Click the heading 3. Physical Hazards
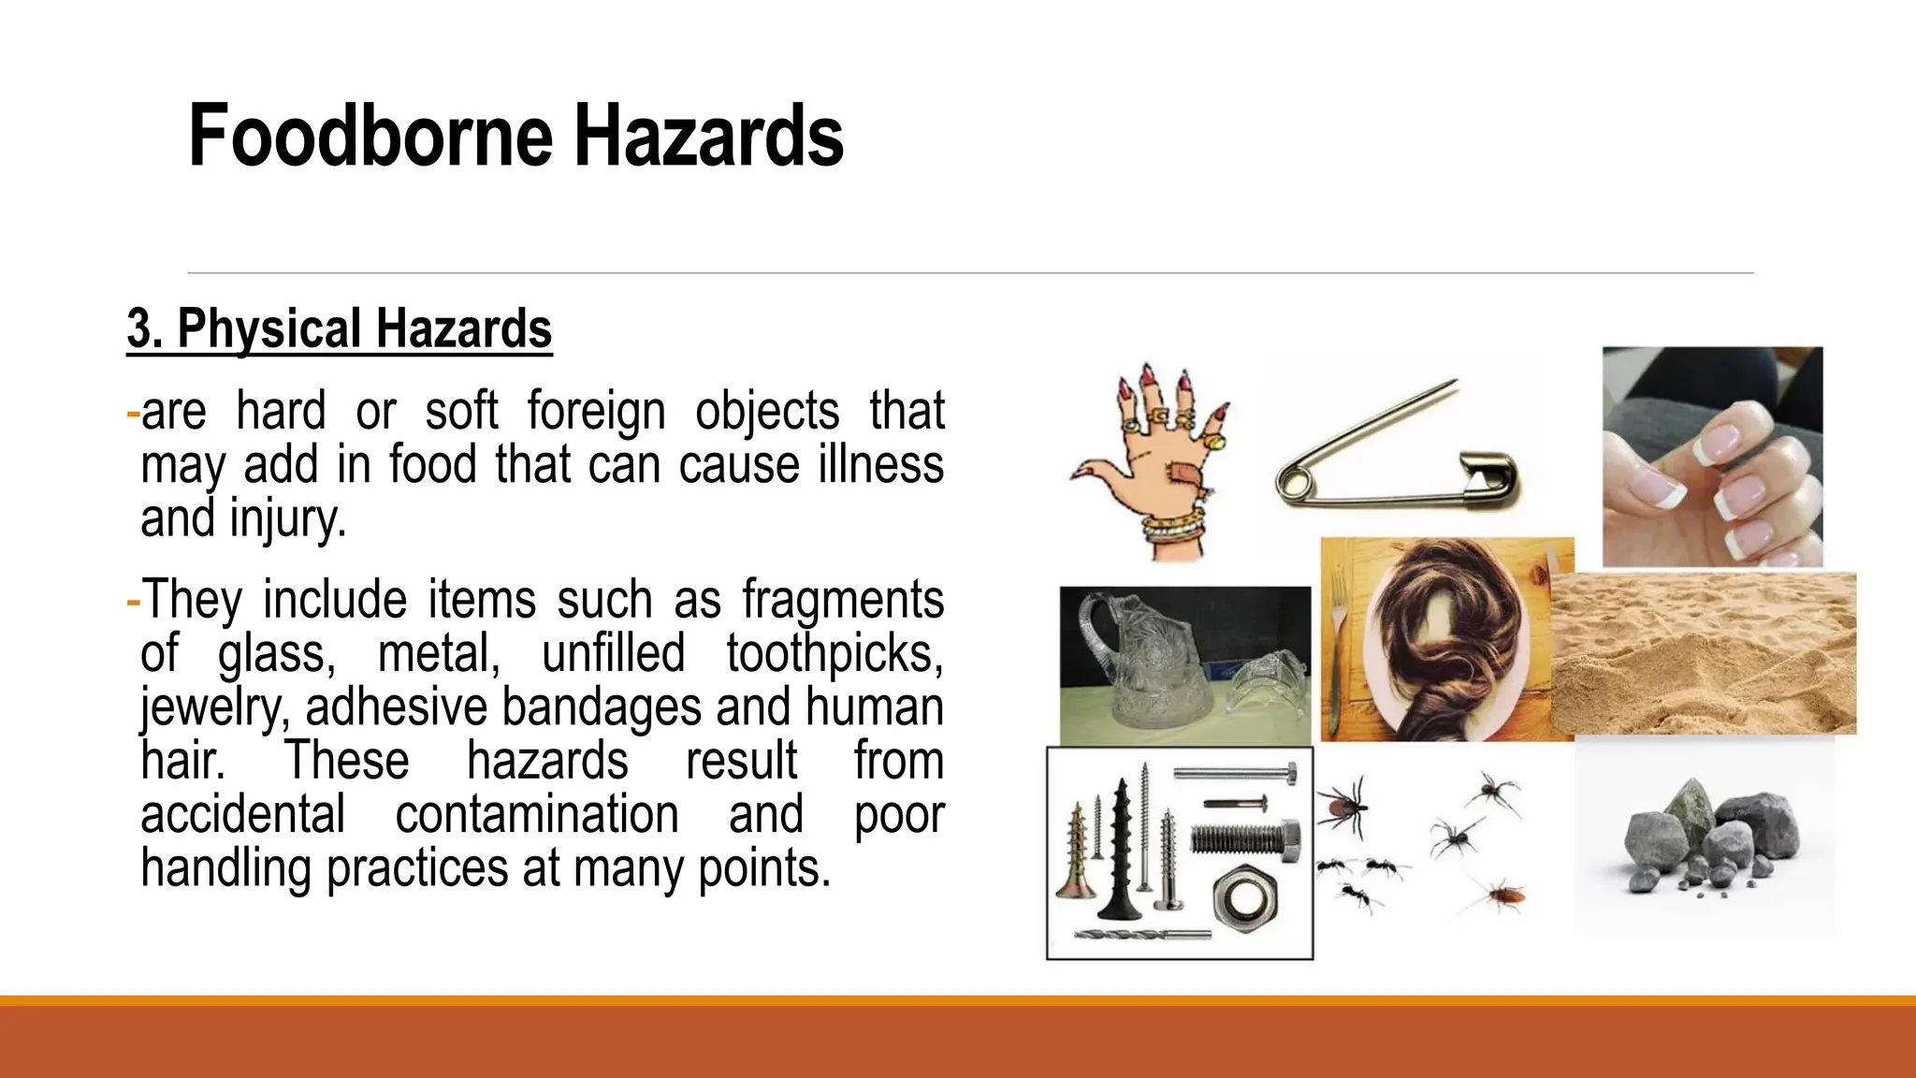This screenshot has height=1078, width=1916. click(x=339, y=329)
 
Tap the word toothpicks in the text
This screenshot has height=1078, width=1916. click(x=835, y=653)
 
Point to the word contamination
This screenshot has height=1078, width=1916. click(x=536, y=815)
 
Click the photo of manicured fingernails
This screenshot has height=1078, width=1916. click(x=1712, y=457)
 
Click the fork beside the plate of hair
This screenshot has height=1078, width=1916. click(x=1340, y=646)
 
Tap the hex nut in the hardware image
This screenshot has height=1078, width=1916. click(x=1243, y=899)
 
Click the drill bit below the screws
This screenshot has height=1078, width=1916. click(x=1141, y=935)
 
